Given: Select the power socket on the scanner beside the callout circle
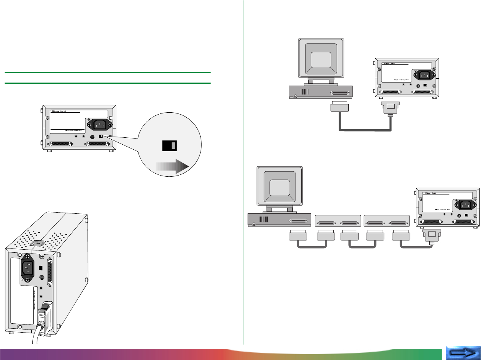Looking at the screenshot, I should (x=99, y=125).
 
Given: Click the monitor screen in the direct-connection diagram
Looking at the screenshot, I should (x=321, y=60).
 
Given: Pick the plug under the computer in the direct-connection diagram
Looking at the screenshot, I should (x=339, y=108).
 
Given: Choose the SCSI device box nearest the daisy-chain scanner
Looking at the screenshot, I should (x=386, y=223).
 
